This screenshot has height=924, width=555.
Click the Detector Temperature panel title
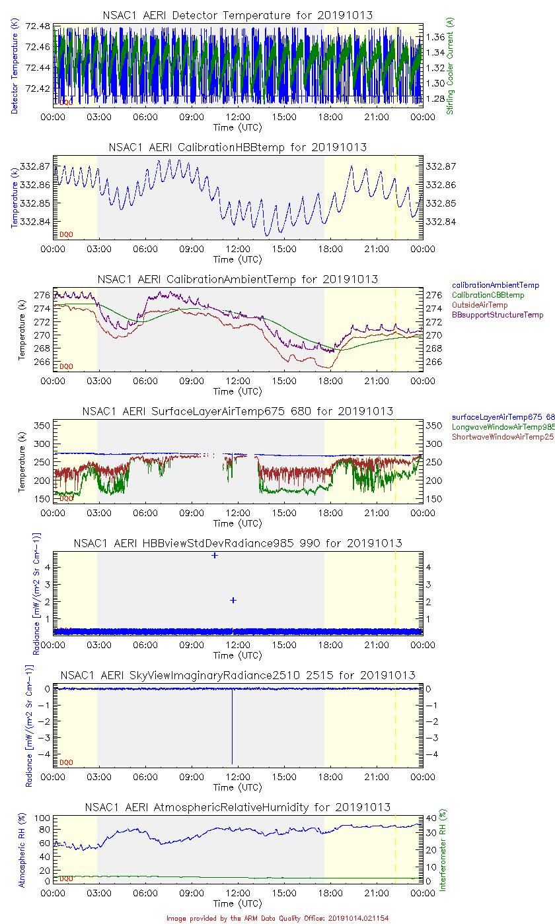[x=238, y=15]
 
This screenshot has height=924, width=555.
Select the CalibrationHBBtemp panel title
[x=238, y=147]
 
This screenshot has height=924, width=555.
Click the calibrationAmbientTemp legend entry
[x=496, y=285]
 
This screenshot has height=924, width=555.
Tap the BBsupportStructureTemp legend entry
[x=498, y=315]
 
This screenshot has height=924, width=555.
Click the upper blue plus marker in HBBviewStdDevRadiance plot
[x=215, y=555]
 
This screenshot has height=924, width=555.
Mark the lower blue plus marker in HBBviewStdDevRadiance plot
[x=233, y=600]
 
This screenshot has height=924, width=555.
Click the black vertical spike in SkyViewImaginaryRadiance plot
[x=232, y=726]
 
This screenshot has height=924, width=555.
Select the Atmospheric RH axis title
[x=22, y=851]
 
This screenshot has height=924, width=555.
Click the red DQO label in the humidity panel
[x=66, y=878]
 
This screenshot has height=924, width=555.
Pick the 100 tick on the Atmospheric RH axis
[x=42, y=818]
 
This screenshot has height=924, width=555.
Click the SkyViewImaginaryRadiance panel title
[x=238, y=675]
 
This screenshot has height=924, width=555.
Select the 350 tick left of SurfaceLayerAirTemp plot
[x=42, y=426]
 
